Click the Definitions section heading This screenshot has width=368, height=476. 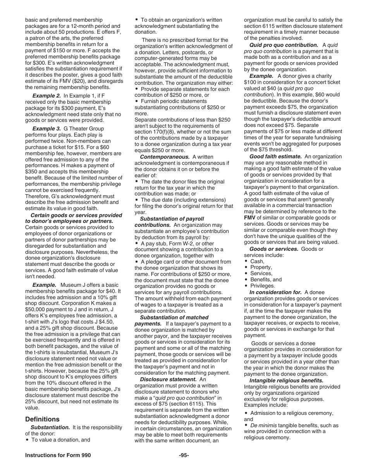pos(42,419)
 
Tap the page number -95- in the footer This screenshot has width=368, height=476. pos(184,455)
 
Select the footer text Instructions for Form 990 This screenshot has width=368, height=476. pos(58,455)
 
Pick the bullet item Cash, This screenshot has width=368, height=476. pos(257,261)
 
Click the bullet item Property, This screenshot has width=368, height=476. pos(261,267)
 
